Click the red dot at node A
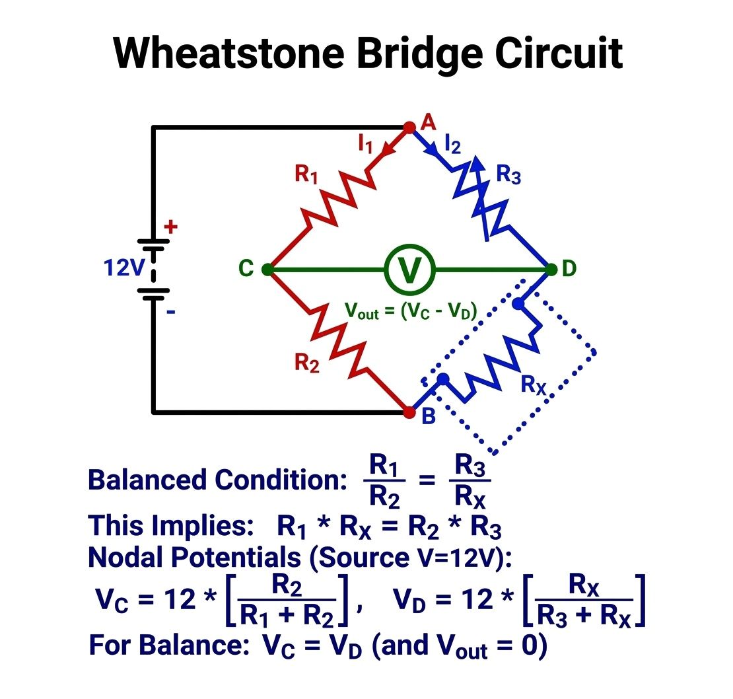click(x=409, y=127)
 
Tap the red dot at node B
click(x=409, y=412)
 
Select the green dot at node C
click(x=267, y=270)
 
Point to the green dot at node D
click(x=551, y=270)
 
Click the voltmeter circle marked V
click(x=409, y=270)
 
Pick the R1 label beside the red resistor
click(x=306, y=174)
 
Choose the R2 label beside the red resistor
click(x=307, y=363)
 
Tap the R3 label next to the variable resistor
click(x=508, y=174)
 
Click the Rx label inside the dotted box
click(x=534, y=385)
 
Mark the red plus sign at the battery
click(x=170, y=227)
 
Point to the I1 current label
click(x=365, y=143)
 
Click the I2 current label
click(x=453, y=144)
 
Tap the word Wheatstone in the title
click(x=229, y=54)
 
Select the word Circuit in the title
click(x=559, y=54)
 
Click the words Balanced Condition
click(x=218, y=480)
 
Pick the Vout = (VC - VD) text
click(x=411, y=311)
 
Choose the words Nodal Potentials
click(x=194, y=557)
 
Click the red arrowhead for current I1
click(x=388, y=149)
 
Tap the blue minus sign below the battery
click(x=171, y=312)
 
